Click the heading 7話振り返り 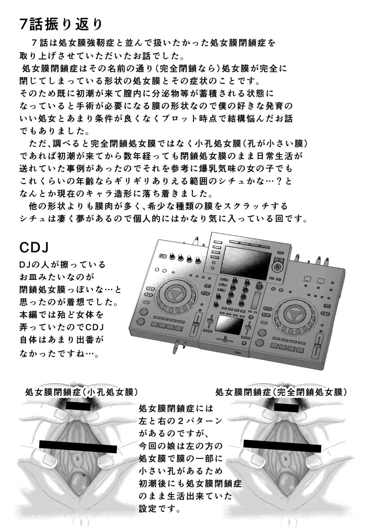tap(61, 24)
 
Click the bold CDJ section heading tap(34, 247)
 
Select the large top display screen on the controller tap(247, 259)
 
